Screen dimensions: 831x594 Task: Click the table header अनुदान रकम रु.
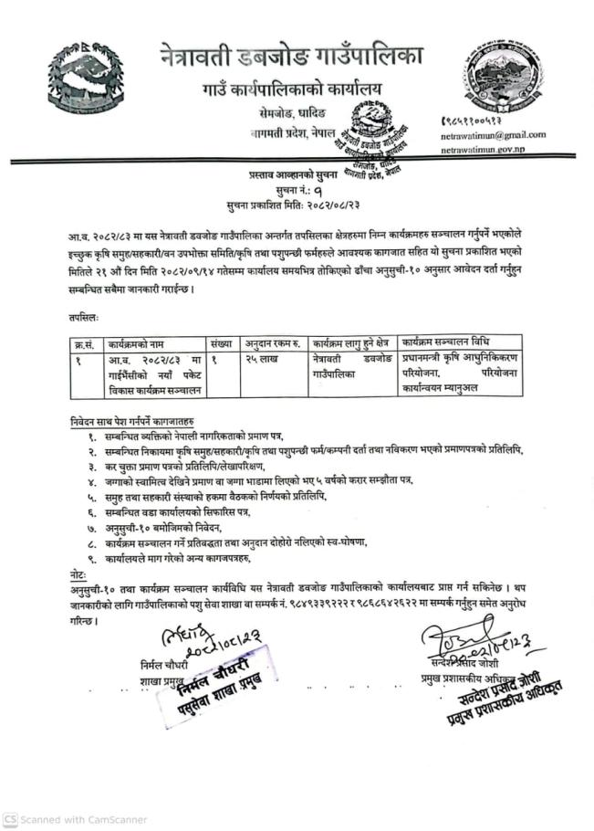coord(273,343)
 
